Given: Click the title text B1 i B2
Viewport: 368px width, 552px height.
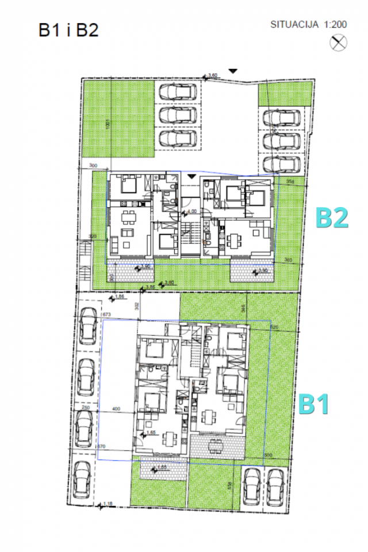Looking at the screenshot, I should [x=69, y=29].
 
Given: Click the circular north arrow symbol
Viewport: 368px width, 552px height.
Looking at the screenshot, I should [x=338, y=42].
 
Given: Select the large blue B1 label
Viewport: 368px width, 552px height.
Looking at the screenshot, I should [x=313, y=404].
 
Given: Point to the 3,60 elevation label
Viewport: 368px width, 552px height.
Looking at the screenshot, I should [x=212, y=75].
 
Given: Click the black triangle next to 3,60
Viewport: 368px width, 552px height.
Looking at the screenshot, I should [x=232, y=71].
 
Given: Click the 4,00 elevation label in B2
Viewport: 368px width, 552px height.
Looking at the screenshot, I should [x=191, y=211].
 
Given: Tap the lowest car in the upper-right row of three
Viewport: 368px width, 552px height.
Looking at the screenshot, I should [x=282, y=164].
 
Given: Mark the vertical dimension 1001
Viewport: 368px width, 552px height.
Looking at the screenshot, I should [x=108, y=125].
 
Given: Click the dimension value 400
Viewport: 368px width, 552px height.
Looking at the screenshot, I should [x=118, y=409].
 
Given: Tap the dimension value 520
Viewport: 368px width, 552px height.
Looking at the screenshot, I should [x=274, y=327].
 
